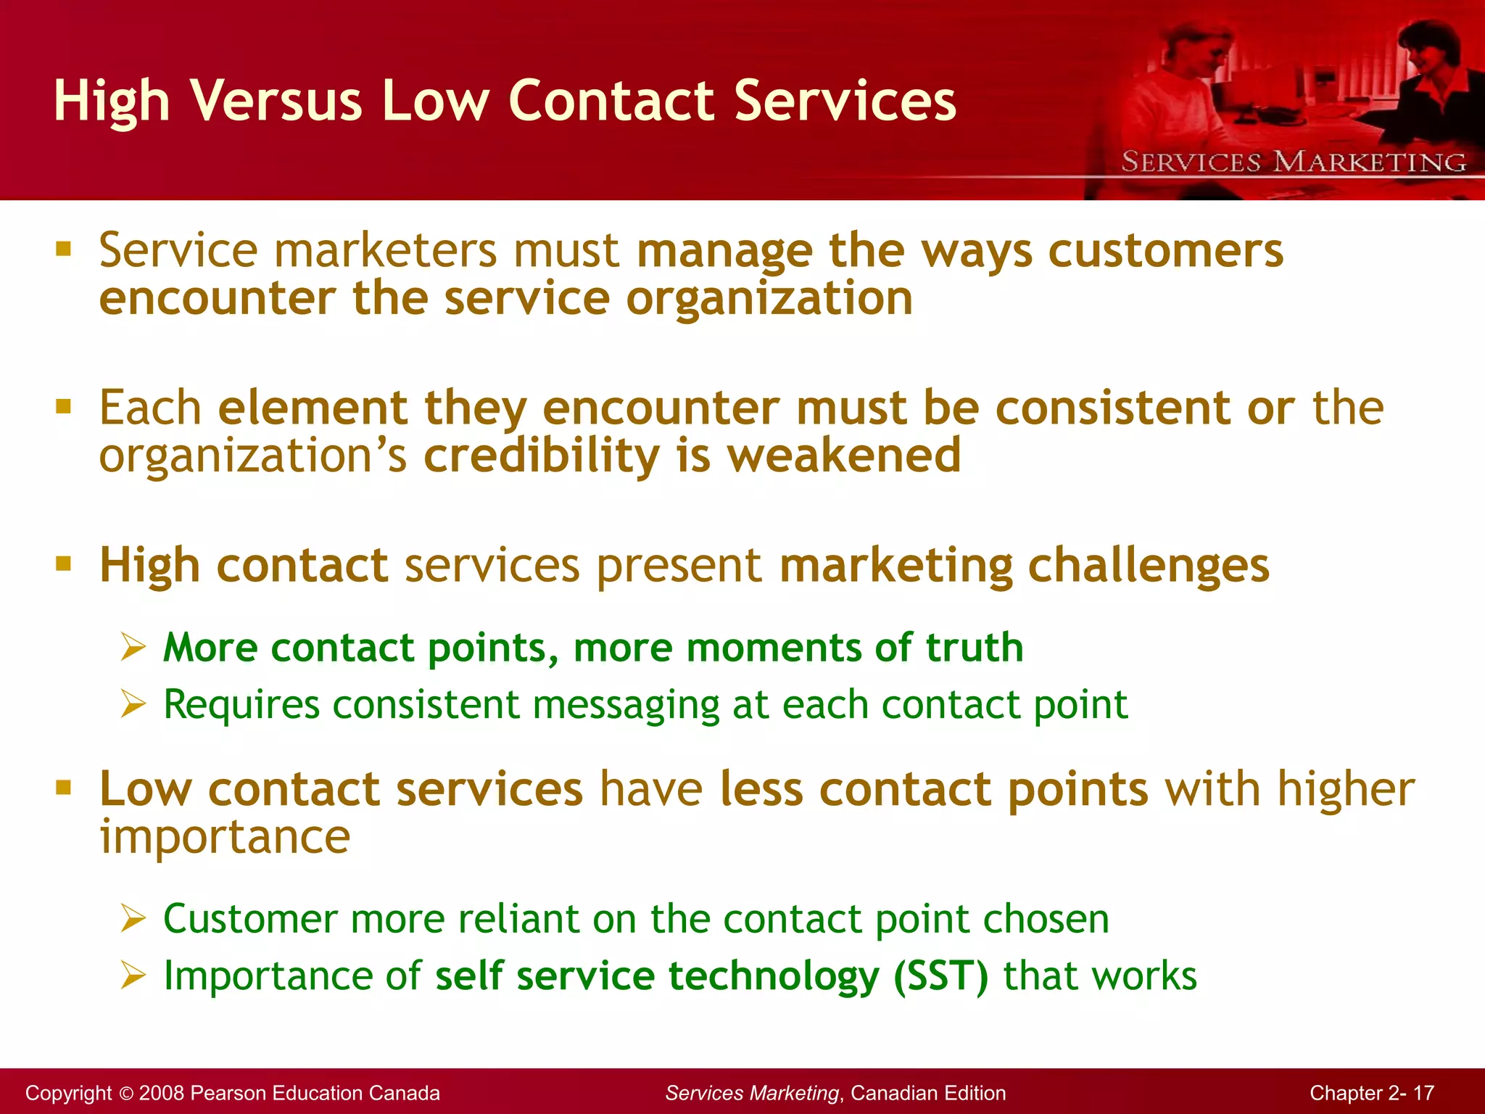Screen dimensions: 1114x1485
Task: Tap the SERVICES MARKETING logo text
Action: click(1294, 162)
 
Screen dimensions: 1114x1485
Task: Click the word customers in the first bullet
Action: click(1166, 251)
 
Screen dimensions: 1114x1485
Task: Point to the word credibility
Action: click(541, 455)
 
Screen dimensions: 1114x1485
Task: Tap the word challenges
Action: click(1149, 566)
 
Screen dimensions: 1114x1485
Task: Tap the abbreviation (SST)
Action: click(940, 975)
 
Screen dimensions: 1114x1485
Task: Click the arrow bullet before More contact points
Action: click(133, 647)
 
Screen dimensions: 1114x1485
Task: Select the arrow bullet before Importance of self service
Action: click(133, 975)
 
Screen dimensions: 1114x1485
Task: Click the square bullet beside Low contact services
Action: click(64, 788)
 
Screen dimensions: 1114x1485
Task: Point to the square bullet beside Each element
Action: click(64, 406)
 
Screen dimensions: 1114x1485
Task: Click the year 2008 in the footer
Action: click(163, 1093)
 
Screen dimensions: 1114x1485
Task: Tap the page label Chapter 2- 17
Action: click(1371, 1093)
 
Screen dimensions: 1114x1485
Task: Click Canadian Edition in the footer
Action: click(928, 1093)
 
